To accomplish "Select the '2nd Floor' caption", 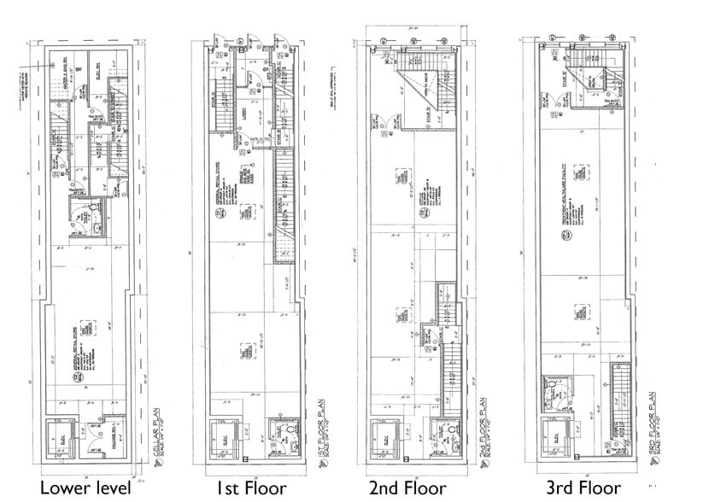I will click(x=407, y=487).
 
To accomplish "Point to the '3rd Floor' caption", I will click(x=583, y=487).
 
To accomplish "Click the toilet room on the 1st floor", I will click(x=282, y=439).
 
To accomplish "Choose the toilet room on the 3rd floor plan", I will click(x=555, y=394).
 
